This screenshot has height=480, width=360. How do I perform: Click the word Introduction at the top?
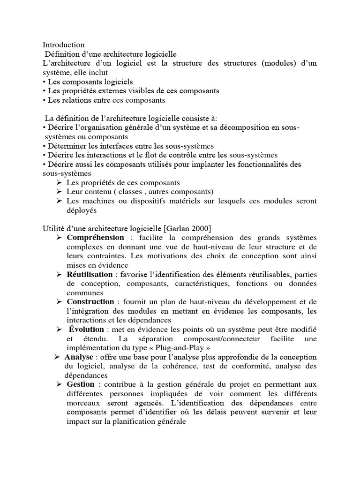(x=64, y=45)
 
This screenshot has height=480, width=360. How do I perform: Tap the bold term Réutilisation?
(x=90, y=274)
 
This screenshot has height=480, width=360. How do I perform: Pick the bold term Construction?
(x=90, y=302)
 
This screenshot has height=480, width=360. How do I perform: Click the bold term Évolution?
(x=86, y=330)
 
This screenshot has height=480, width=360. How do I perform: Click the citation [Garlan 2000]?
(x=187, y=228)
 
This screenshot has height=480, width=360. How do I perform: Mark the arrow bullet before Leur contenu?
(x=59, y=192)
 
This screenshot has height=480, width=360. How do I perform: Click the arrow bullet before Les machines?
(x=59, y=201)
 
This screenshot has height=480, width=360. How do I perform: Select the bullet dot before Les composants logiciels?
(x=44, y=82)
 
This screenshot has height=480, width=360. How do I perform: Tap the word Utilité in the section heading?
(x=53, y=228)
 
